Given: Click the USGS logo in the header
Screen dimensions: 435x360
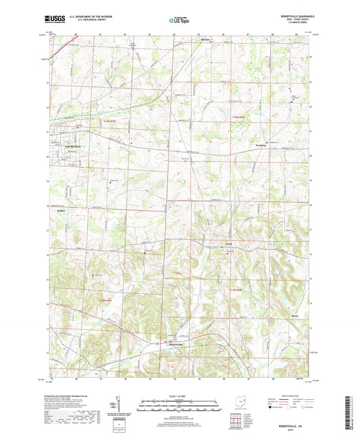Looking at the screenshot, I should coord(53,20).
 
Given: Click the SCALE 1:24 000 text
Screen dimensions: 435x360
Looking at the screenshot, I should coord(179,395).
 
